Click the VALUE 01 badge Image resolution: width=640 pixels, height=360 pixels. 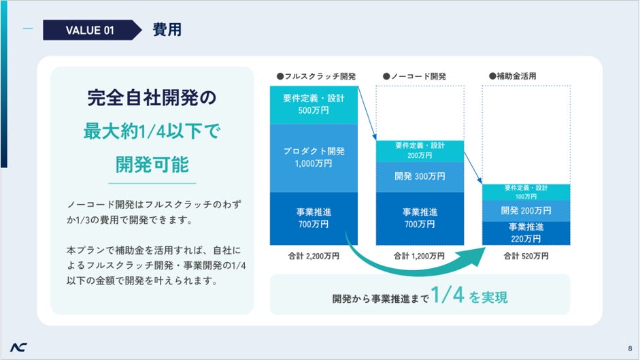point(88,30)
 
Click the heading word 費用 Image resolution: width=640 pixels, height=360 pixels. point(167,30)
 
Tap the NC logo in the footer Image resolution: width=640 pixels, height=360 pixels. point(19,347)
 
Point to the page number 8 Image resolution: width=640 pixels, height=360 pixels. point(630,348)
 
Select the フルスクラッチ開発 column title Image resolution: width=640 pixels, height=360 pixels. point(316,76)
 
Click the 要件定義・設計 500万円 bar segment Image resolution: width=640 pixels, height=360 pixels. point(314,104)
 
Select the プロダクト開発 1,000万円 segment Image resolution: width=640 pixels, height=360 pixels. point(314,157)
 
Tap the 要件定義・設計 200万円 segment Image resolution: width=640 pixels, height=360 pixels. point(420,150)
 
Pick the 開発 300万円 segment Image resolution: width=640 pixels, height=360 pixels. point(420,176)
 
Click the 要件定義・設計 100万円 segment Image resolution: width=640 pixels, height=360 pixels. point(526,192)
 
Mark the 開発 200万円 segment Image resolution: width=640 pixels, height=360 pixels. point(526,210)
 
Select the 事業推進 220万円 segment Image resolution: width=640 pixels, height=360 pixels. point(526,233)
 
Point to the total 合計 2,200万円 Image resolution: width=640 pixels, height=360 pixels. point(314,257)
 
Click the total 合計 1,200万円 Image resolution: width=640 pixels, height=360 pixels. point(420,257)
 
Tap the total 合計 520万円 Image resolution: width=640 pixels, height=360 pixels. point(526,257)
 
